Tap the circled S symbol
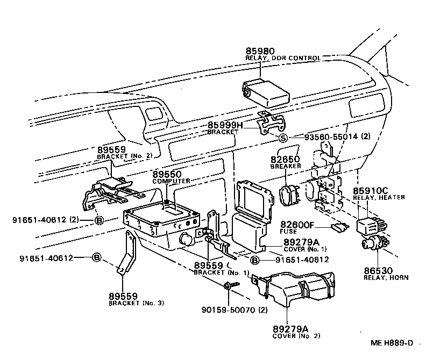283,138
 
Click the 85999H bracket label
225,125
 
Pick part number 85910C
370,190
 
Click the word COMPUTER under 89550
171,181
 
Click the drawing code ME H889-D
391,342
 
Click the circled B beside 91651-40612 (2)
99,219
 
